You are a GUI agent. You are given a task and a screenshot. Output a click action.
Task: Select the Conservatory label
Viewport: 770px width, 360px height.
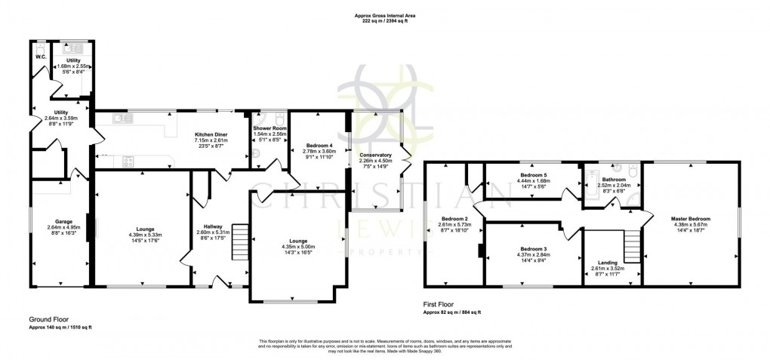pyautogui.click(x=374, y=155)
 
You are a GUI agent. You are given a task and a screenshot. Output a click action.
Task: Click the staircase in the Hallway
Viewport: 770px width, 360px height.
pyautogui.click(x=239, y=241)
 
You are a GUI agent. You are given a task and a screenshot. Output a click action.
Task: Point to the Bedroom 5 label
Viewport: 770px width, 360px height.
pyautogui.click(x=534, y=175)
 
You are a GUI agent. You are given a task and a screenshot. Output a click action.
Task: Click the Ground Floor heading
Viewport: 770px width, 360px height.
pyautogui.click(x=50, y=318)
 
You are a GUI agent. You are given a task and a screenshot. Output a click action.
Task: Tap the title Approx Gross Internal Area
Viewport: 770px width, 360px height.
pyautogui.click(x=385, y=15)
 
